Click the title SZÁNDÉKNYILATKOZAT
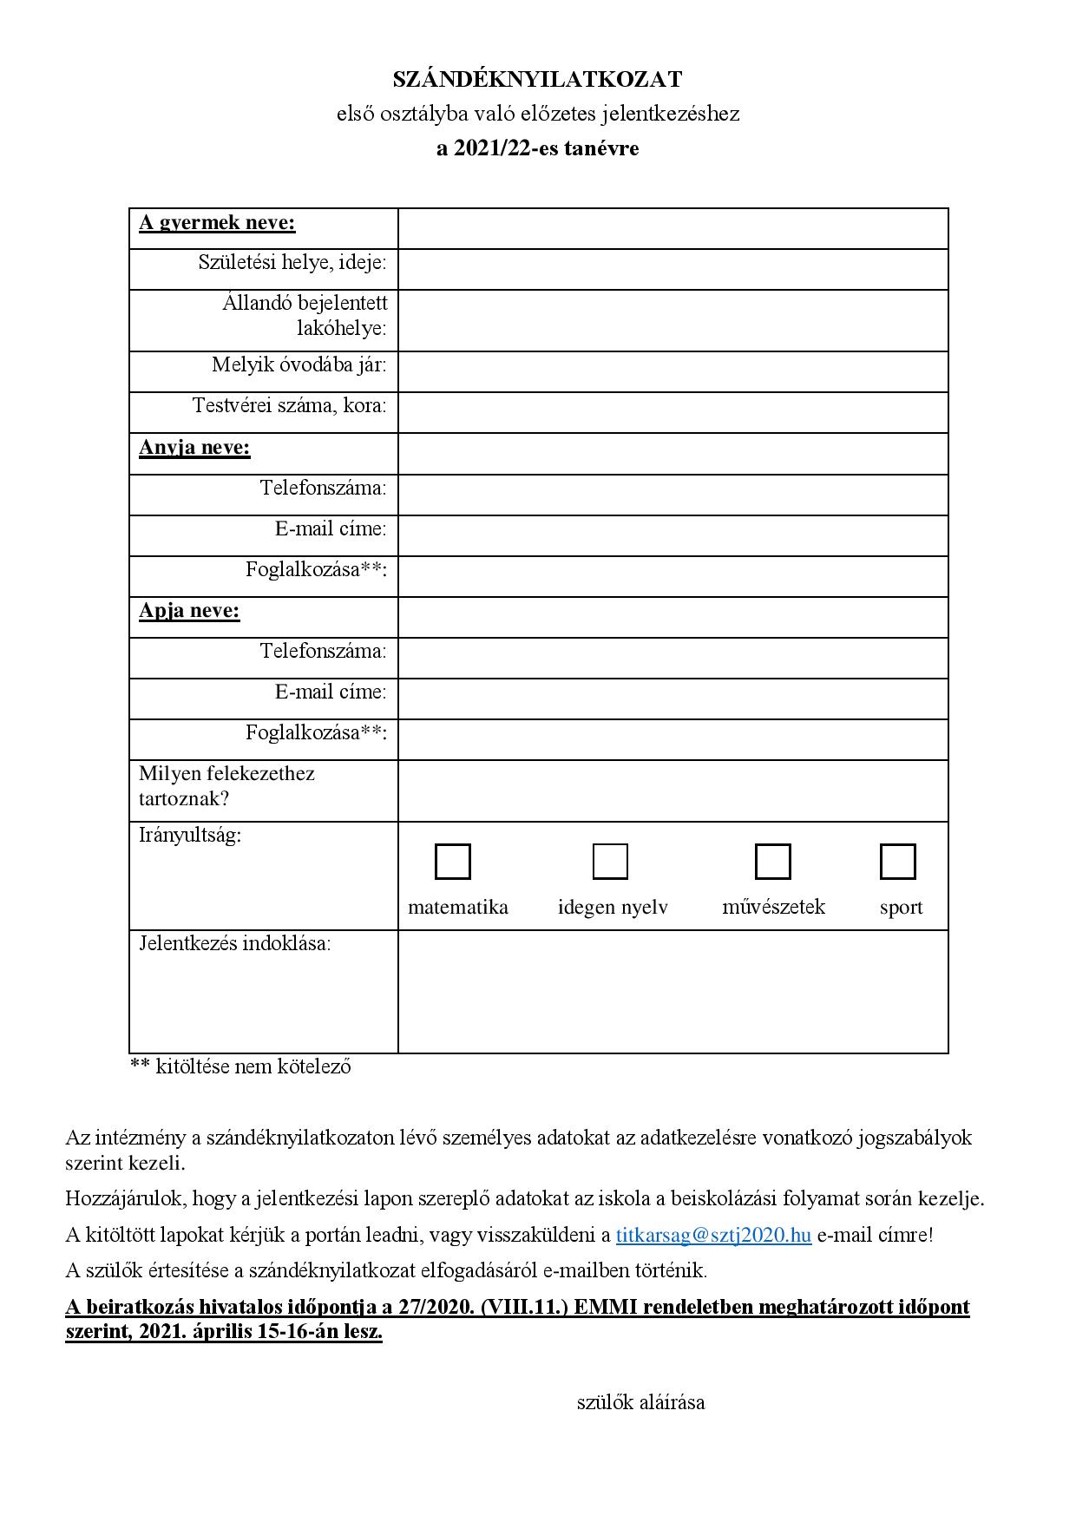(537, 80)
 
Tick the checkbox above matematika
(452, 862)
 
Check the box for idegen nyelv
(610, 862)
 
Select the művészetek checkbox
(772, 862)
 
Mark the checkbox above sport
(897, 862)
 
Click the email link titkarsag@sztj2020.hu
(713, 1235)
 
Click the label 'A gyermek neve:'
(217, 223)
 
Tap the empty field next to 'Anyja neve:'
(672, 454)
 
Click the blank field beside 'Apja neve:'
(672, 617)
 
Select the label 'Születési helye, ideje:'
(292, 262)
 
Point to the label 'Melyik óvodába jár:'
(299, 364)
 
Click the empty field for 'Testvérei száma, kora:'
(672, 412)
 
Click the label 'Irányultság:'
(190, 836)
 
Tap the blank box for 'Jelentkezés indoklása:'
(672, 991)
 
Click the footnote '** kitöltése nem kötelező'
(240, 1066)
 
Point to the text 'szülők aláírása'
(640, 1402)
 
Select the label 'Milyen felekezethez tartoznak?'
(226, 785)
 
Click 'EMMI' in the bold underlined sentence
(604, 1307)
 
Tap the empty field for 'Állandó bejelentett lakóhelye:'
(672, 320)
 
